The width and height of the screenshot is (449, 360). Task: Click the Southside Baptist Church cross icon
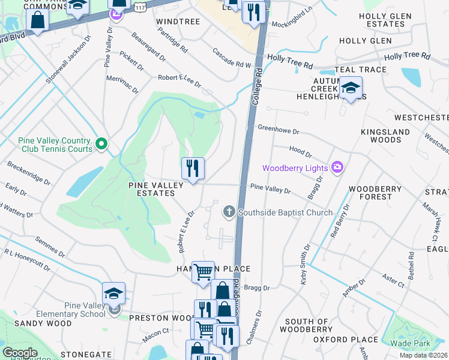228,211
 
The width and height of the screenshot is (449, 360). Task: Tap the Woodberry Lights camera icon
337,167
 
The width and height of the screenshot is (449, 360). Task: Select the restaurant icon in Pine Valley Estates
193,168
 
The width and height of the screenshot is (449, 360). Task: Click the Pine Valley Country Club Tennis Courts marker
101,143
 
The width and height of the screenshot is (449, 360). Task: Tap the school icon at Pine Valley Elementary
113,294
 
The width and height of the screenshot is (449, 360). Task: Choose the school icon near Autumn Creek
350,89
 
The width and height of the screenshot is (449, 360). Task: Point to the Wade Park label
412,343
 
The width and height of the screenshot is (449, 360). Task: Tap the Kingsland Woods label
385,136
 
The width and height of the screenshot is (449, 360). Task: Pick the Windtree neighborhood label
177,21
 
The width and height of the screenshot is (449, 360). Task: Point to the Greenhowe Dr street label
278,128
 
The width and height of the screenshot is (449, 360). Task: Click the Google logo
20,353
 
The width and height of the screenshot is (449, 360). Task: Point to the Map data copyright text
423,355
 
